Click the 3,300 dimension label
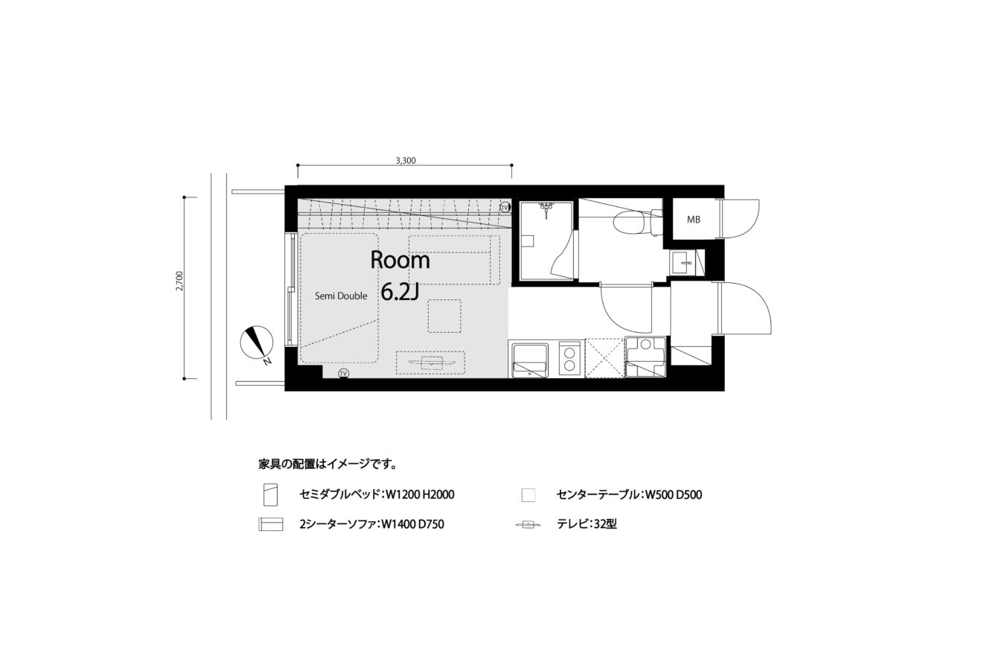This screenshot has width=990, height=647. (405, 161)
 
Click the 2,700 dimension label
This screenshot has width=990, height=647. (179, 281)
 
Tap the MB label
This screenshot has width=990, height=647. (694, 219)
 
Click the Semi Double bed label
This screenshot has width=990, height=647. (341, 296)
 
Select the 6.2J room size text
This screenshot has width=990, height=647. (400, 292)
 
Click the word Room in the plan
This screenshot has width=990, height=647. (400, 260)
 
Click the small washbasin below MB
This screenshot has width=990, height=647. (682, 263)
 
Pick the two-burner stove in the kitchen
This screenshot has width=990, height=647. (569, 359)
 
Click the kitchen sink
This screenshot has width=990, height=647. (530, 359)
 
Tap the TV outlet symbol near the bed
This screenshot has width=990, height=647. (343, 374)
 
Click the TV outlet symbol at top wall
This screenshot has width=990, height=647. (505, 207)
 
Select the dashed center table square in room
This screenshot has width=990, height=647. (444, 316)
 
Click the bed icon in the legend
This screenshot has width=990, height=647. (270, 494)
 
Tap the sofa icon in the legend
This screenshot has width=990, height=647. (270, 524)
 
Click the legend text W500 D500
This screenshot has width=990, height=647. (674, 494)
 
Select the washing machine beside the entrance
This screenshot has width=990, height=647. (645, 357)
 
